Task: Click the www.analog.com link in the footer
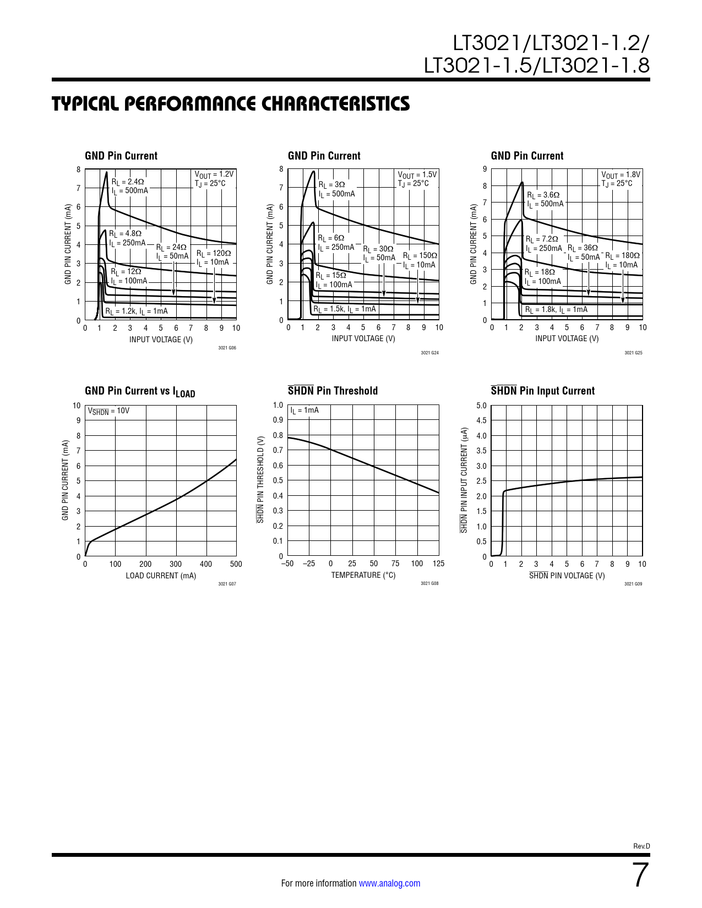tap(389, 883)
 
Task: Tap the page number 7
tap(640, 875)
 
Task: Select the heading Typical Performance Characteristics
tap(231, 103)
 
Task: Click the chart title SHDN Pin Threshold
tap(333, 391)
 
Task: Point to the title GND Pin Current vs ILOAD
tap(140, 391)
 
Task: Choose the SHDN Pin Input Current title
tap(542, 391)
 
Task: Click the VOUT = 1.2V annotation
tap(214, 174)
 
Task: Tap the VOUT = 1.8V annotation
tap(621, 175)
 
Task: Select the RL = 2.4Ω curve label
tap(128, 182)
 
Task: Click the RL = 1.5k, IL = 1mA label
tap(345, 309)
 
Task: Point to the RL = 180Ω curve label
tap(623, 256)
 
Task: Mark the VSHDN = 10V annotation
tap(108, 411)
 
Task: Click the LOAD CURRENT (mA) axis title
tap(161, 576)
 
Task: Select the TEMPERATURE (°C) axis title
tap(363, 575)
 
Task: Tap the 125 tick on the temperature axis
tap(438, 564)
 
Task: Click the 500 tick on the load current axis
tap(236, 564)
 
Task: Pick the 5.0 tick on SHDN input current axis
tap(481, 406)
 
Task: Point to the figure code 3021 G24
tap(429, 353)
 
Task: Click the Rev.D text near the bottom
tap(641, 846)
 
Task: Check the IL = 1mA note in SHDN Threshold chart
tap(304, 411)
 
